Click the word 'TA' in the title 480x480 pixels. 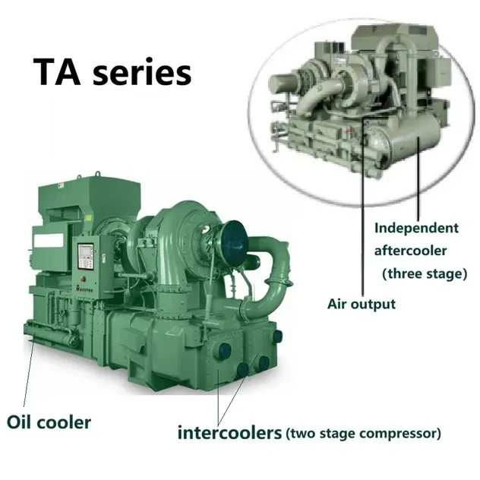tap(57, 71)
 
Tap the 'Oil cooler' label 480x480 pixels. tap(49, 422)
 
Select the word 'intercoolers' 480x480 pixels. tap(229, 433)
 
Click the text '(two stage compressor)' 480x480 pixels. tap(363, 434)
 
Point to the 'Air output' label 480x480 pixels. tap(362, 304)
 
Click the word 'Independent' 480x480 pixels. tap(416, 228)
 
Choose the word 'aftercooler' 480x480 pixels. tap(410, 251)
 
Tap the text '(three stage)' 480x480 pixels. tap(425, 273)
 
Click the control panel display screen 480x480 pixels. tap(85, 256)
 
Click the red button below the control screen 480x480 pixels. tap(83, 279)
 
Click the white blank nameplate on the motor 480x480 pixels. tap(49, 241)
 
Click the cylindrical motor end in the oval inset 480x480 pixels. tap(282, 84)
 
